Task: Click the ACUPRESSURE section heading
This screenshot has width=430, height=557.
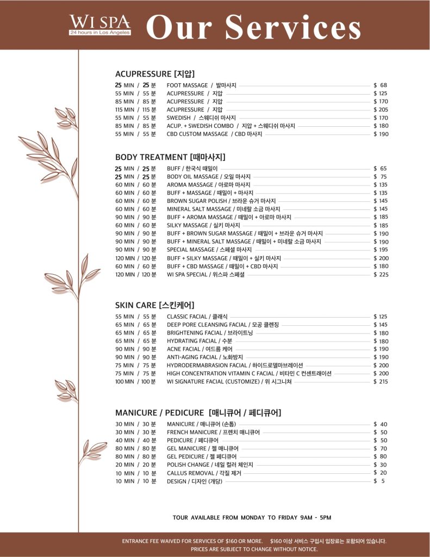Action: [x=155, y=73]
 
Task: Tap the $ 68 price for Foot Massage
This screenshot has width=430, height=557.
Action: [x=380, y=85]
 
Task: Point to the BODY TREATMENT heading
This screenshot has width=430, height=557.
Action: [x=170, y=157]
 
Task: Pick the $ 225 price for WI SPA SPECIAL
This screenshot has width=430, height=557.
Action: [x=381, y=275]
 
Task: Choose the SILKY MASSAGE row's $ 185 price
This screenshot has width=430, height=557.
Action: [x=381, y=225]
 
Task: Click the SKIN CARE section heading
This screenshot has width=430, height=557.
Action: [x=154, y=305]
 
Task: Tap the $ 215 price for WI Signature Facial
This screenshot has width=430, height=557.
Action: [x=381, y=382]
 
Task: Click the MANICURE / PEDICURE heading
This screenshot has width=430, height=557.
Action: [x=198, y=412]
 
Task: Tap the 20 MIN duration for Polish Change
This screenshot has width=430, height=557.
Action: [x=124, y=465]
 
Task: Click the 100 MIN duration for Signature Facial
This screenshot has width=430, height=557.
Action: [x=124, y=382]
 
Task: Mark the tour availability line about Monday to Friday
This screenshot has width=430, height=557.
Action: [x=252, y=517]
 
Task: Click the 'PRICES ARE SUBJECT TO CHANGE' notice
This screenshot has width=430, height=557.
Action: [x=254, y=549]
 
